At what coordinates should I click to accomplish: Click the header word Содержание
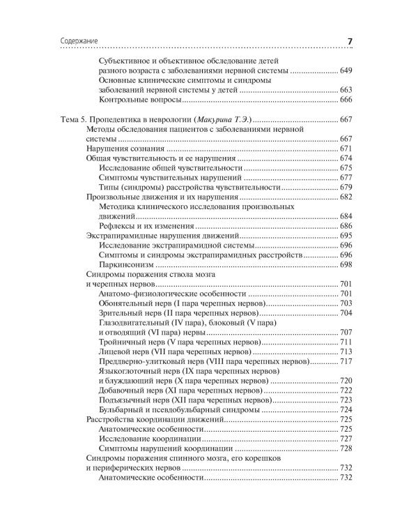72,42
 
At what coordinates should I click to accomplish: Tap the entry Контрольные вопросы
139,100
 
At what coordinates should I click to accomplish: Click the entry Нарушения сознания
125,149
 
